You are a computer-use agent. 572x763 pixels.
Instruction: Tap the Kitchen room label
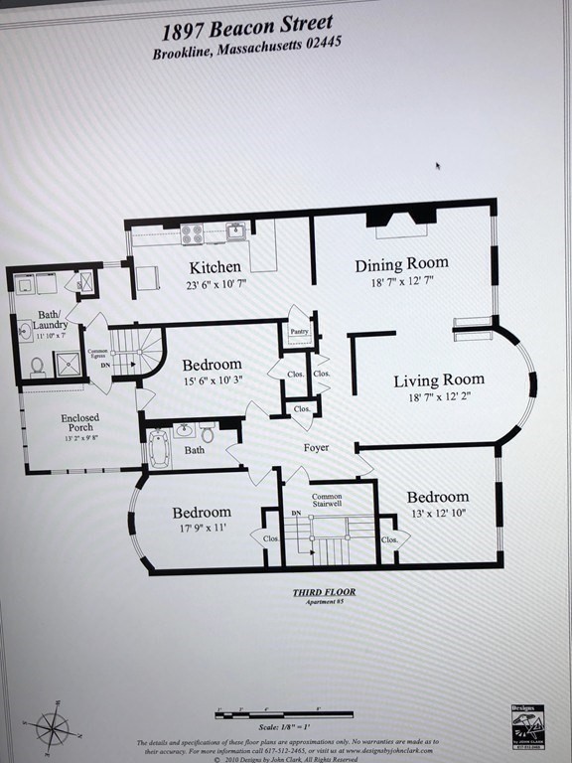[214, 267]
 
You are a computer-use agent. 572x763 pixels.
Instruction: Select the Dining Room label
[401, 264]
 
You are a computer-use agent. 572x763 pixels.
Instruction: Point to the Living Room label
[438, 380]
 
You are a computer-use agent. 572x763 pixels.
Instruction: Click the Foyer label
[316, 447]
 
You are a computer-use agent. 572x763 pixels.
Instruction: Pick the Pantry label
[299, 332]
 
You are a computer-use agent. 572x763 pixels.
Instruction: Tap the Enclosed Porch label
[80, 421]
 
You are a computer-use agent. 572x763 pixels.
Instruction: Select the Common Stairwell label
[327, 501]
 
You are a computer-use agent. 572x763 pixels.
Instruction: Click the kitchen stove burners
[192, 234]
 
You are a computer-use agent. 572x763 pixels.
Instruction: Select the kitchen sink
[236, 232]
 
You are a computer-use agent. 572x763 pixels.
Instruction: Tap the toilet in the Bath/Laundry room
[37, 368]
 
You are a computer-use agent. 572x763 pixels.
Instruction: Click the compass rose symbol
[52, 728]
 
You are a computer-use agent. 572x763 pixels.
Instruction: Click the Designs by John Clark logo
[527, 724]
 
